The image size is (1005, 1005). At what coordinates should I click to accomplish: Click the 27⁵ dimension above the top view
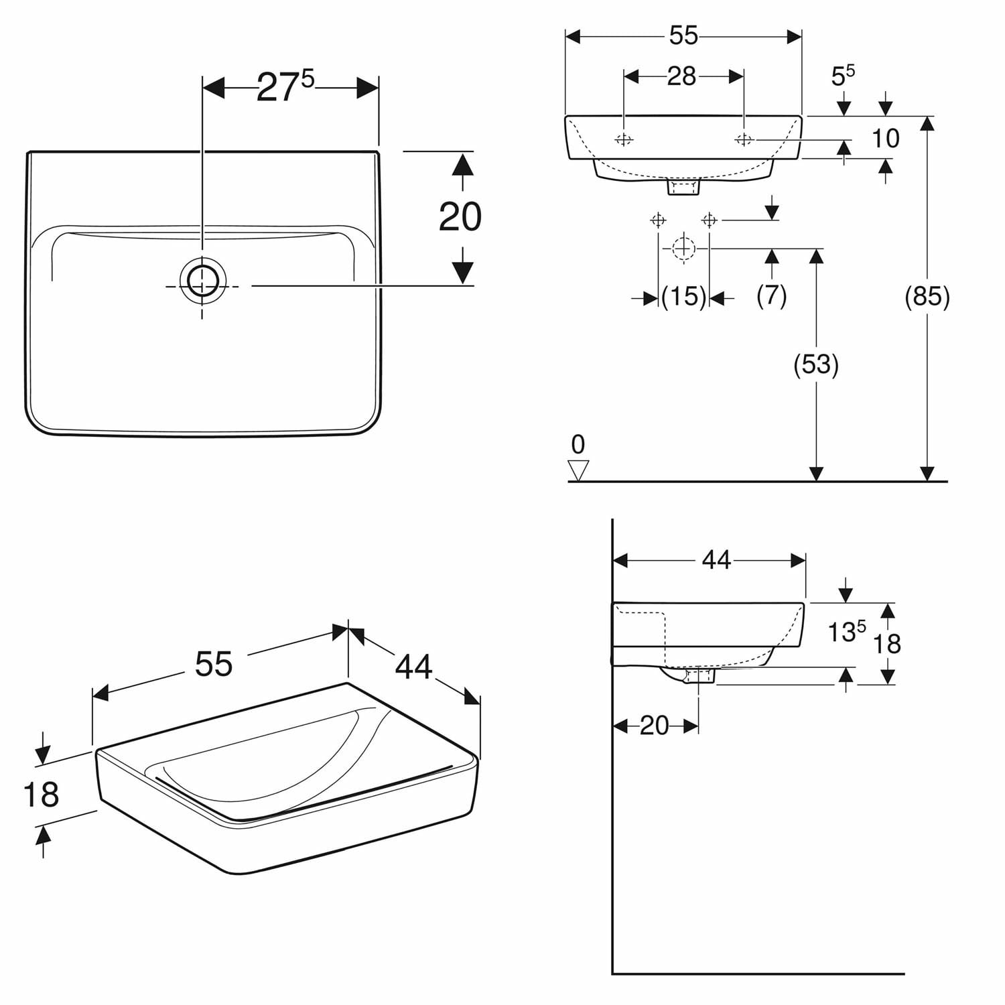pyautogui.click(x=285, y=87)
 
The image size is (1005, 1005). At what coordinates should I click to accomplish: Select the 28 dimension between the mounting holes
pyautogui.click(x=681, y=76)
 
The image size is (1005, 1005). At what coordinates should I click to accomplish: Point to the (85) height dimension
pyautogui.click(x=927, y=296)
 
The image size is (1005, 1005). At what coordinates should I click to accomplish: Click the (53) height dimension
pyautogui.click(x=816, y=364)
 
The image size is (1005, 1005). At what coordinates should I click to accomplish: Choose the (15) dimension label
pyautogui.click(x=683, y=296)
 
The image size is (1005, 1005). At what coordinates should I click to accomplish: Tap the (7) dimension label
pyautogui.click(x=771, y=296)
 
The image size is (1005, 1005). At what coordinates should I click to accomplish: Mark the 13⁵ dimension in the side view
pyautogui.click(x=846, y=630)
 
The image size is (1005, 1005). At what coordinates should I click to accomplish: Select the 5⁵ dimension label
pyautogui.click(x=843, y=75)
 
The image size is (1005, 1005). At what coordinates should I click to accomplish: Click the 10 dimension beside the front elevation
pyautogui.click(x=885, y=139)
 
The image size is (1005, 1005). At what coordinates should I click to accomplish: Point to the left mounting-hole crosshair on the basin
pyautogui.click(x=624, y=139)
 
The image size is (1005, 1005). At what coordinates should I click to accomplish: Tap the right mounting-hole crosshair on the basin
pyautogui.click(x=744, y=139)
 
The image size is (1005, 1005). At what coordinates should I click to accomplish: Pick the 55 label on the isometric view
pyautogui.click(x=214, y=664)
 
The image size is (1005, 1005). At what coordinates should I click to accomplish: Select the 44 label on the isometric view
pyautogui.click(x=414, y=667)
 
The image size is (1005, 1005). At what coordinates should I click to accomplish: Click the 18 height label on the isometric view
pyautogui.click(x=41, y=795)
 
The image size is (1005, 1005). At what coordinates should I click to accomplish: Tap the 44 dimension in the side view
pyautogui.click(x=716, y=560)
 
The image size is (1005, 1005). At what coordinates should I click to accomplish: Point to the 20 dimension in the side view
pyautogui.click(x=654, y=726)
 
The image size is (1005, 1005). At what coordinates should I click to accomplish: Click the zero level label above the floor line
pyautogui.click(x=578, y=444)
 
